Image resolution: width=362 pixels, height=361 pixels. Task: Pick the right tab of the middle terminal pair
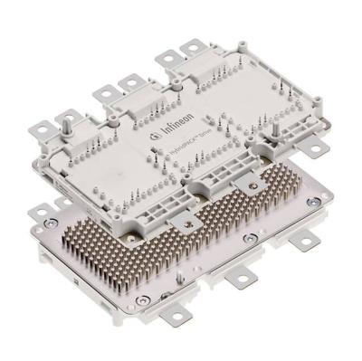(130, 83)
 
